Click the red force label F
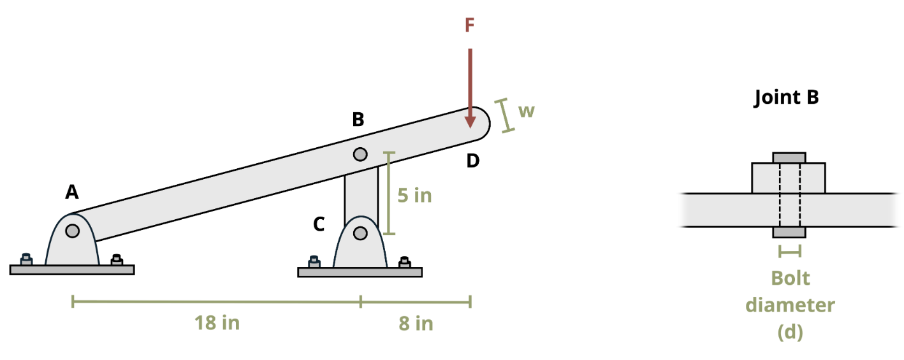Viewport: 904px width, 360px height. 469,25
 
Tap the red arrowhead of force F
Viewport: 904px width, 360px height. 470,120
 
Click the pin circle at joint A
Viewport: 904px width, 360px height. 73,231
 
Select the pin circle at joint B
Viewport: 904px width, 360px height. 360,154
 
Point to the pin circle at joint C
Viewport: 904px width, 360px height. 360,233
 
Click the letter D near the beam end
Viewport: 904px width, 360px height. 472,161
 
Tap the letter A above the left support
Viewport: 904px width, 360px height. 72,191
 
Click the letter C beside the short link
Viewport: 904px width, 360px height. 319,224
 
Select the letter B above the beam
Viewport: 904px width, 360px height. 358,119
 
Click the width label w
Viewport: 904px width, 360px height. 526,111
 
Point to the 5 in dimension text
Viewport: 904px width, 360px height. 414,195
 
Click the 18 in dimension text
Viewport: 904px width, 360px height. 217,323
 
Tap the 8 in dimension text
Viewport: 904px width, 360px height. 416,324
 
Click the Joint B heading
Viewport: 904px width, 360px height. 786,97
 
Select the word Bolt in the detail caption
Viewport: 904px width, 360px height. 790,278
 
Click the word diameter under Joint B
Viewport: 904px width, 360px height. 790,305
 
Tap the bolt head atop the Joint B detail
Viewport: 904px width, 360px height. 789,157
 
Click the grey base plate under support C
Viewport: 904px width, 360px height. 360,272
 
